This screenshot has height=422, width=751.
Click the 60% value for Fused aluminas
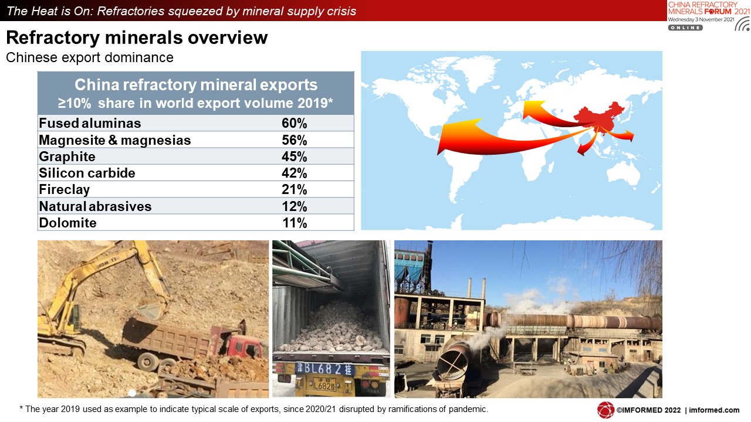(294, 123)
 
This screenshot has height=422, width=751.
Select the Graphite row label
(67, 156)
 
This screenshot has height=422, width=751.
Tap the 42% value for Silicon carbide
(294, 173)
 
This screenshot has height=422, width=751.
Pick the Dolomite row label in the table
(67, 223)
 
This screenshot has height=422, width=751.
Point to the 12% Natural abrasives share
(294, 206)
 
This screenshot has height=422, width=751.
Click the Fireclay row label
(65, 190)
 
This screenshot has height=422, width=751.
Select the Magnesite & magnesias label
(114, 140)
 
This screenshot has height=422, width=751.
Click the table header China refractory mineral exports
(196, 85)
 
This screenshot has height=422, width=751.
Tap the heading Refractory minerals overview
(137, 38)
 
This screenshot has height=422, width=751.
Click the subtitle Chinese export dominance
(90, 57)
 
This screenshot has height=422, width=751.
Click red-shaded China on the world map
(600, 117)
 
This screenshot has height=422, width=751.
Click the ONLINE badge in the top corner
(685, 28)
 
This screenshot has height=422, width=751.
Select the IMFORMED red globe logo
(605, 410)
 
